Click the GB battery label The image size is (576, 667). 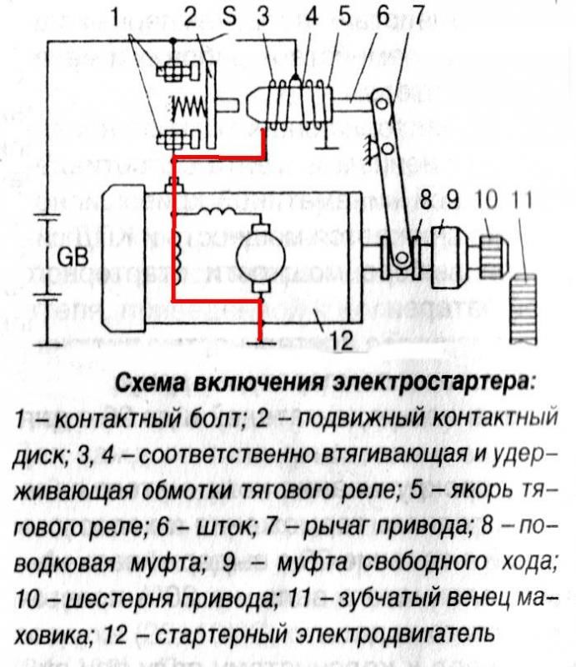tap(73, 258)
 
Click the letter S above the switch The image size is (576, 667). tap(229, 18)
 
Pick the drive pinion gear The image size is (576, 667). tap(495, 258)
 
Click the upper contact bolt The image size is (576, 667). tap(178, 71)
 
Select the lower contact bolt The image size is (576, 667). tap(178, 138)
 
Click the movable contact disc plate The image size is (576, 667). tap(211, 105)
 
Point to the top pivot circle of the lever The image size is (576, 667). tap(382, 103)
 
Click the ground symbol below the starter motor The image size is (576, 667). tap(260, 342)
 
